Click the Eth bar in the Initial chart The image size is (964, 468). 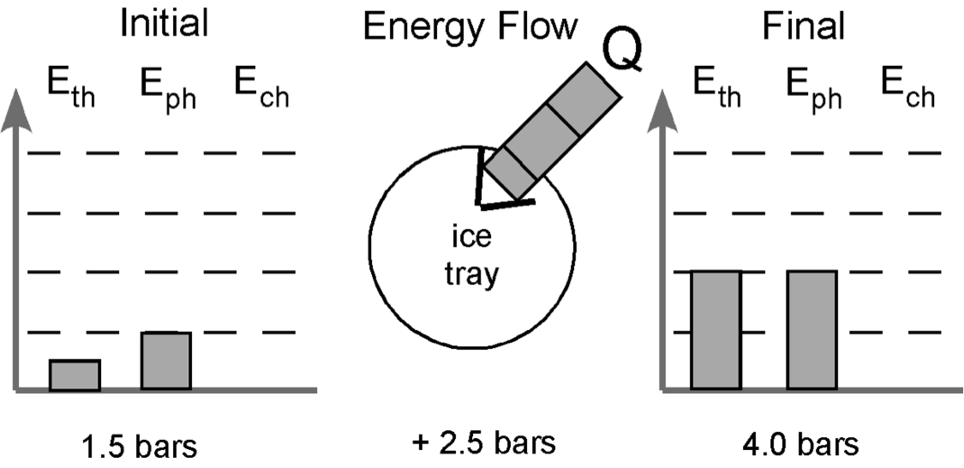point(75,375)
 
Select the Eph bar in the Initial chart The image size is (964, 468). point(166,361)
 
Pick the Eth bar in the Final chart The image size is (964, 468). point(716,330)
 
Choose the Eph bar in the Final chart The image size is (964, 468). point(811,330)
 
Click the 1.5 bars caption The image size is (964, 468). point(137,447)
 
